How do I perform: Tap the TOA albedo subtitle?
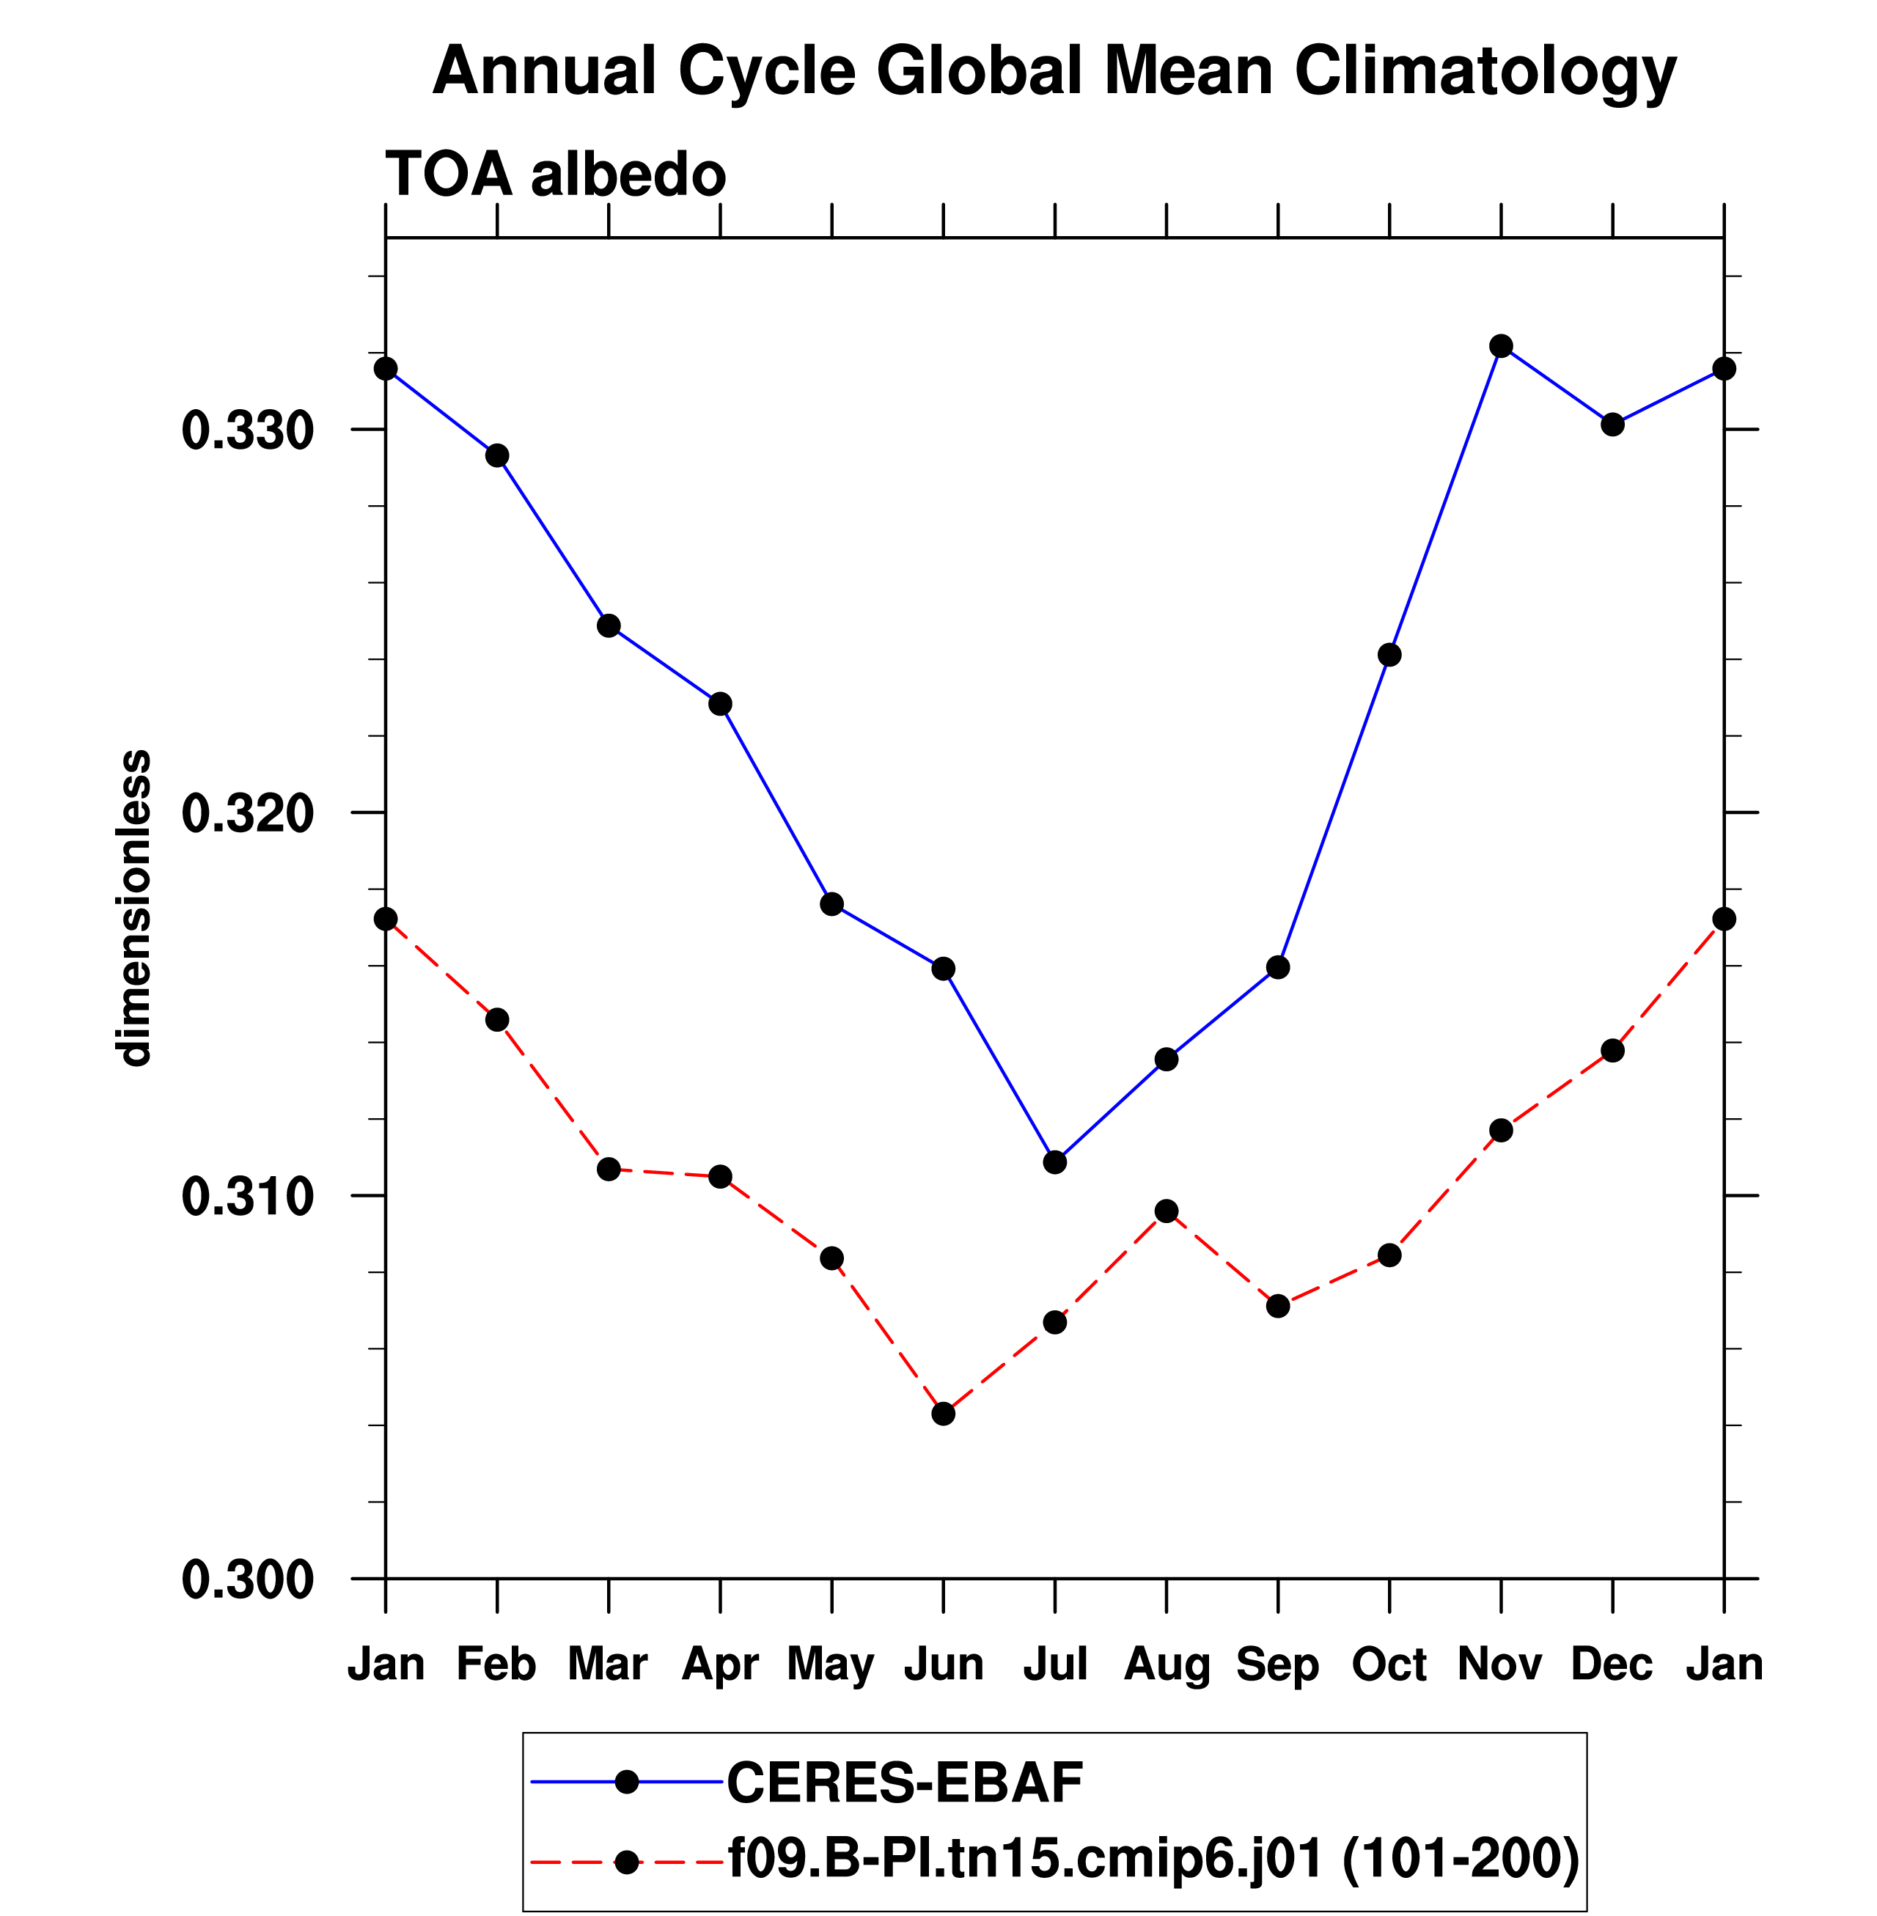(555, 175)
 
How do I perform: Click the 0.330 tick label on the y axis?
(234, 431)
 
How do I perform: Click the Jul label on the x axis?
(1055, 1664)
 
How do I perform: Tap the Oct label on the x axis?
(1389, 1664)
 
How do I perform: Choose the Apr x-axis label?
(720, 1664)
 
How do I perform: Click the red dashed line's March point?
(609, 1170)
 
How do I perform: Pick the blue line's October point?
(1389, 655)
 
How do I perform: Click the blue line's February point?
(497, 455)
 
